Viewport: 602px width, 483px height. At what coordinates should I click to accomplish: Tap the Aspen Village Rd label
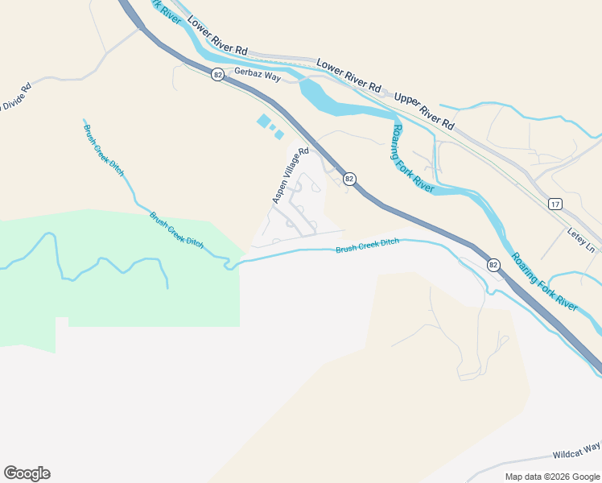tap(291, 175)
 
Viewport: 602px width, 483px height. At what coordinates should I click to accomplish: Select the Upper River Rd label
tap(424, 110)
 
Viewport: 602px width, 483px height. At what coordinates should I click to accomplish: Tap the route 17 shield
tap(555, 204)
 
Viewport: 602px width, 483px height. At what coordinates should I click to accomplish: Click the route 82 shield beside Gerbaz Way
tap(217, 74)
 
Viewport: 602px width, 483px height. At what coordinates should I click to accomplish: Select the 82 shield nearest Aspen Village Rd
tap(348, 178)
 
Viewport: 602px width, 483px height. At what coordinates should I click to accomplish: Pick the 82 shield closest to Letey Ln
tap(493, 264)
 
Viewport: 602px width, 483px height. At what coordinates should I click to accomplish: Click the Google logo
tap(27, 473)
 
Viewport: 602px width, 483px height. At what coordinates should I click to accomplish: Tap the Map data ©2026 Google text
tap(552, 477)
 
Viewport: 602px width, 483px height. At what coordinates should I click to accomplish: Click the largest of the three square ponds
tap(263, 121)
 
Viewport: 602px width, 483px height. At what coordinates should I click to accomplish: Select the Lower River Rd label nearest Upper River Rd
tap(348, 73)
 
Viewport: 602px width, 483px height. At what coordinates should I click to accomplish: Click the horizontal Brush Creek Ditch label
tap(367, 247)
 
